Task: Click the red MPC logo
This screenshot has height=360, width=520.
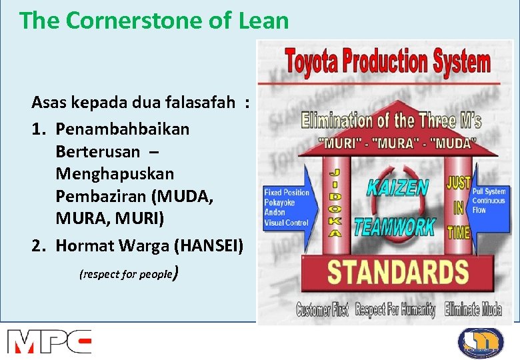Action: (49, 341)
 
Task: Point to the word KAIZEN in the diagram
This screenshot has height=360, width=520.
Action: (397, 187)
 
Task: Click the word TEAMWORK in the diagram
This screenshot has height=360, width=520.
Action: (394, 226)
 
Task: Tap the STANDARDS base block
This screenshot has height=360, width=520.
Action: (397, 273)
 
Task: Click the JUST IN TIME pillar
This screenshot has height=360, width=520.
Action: (459, 207)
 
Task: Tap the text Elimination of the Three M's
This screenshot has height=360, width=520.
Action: (391, 121)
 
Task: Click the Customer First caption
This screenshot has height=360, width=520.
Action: (323, 310)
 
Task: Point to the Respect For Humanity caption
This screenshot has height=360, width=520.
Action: (395, 310)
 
